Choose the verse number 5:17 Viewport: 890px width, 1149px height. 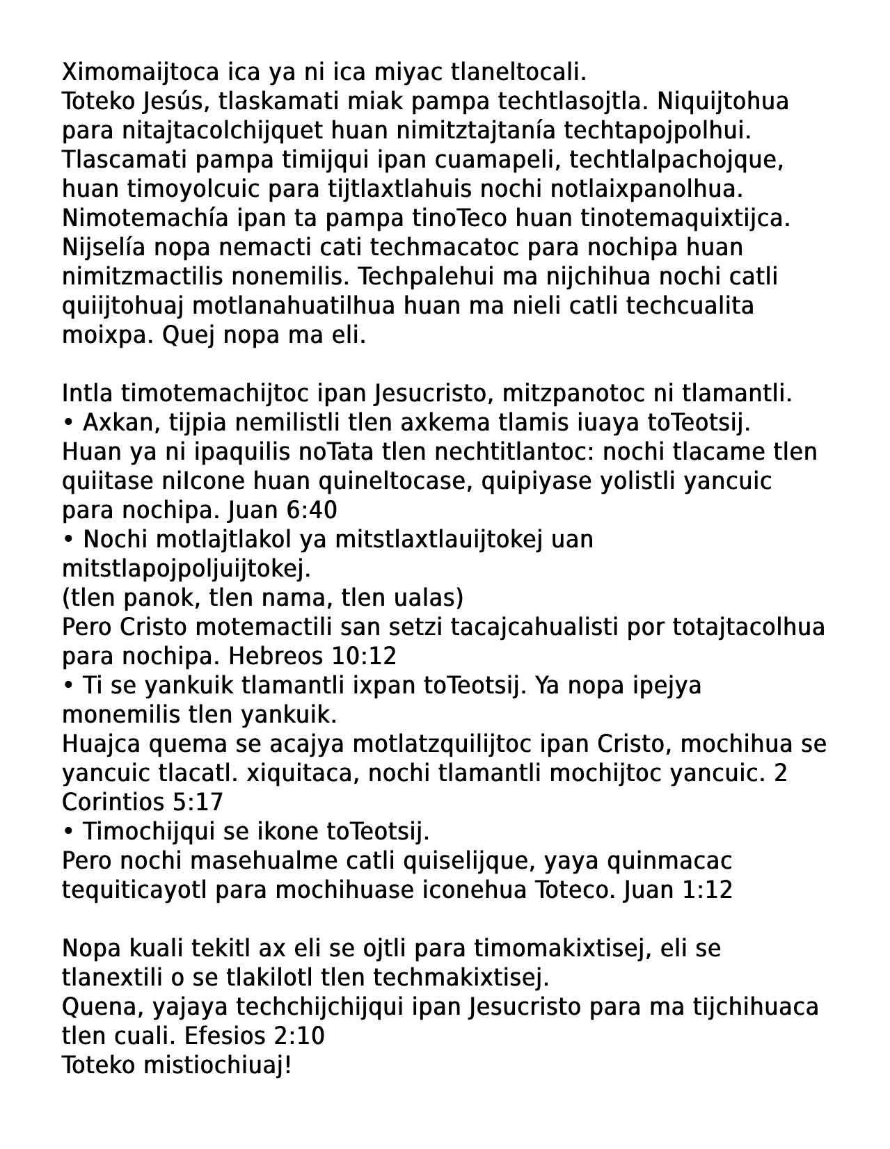point(197,803)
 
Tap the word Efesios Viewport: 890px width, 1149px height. point(228,1036)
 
